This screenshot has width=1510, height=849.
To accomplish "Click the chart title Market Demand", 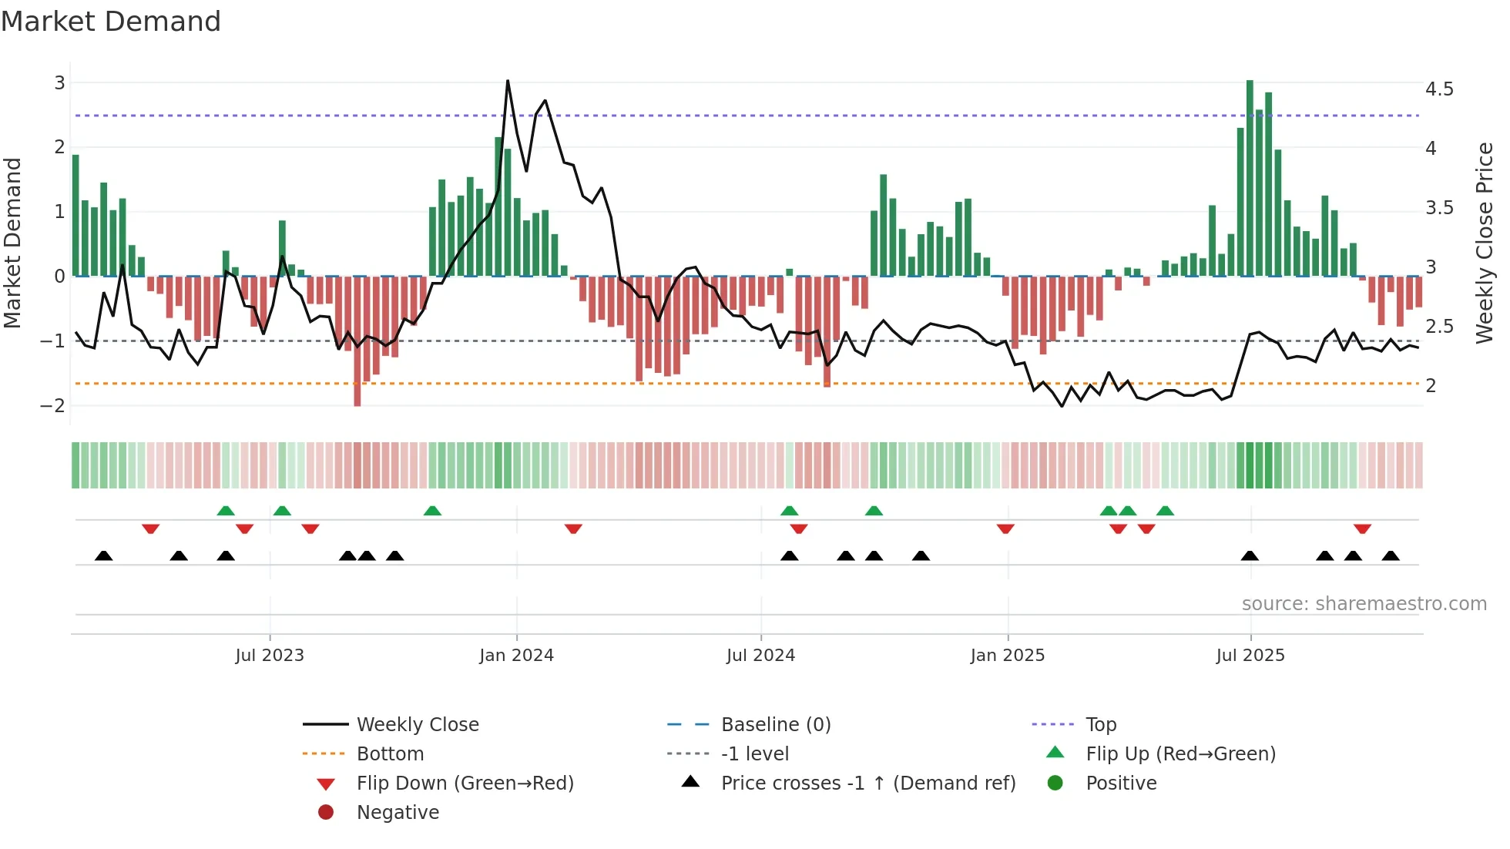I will click(111, 22).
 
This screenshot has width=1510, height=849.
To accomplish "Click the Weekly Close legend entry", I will click(417, 725).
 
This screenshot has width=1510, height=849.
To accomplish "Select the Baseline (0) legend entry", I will click(775, 725).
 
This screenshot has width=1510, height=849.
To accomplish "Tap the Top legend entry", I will click(1100, 725).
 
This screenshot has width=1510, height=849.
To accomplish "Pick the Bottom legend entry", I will click(390, 754).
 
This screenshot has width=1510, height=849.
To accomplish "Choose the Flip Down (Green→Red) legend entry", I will click(465, 784).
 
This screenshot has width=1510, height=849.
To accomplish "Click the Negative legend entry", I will click(398, 813).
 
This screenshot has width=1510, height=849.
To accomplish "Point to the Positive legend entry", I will click(1120, 784).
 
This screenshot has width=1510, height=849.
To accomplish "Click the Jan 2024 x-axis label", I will click(516, 656).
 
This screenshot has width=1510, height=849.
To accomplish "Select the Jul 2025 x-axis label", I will click(1250, 656).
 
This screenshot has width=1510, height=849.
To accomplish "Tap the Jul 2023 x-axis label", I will click(270, 656).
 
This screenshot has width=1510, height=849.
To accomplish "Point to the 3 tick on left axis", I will click(59, 82).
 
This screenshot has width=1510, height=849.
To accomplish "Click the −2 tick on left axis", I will click(53, 406).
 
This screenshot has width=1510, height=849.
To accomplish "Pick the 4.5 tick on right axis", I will click(1438, 89).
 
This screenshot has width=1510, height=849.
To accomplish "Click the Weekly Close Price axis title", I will click(1484, 243).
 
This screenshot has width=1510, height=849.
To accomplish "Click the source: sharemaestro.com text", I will click(1364, 604).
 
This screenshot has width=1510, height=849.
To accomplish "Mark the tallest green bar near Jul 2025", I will click(1250, 177).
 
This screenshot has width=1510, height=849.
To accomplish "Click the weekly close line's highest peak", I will click(508, 81).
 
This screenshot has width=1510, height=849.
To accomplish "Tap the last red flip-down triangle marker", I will click(1362, 529).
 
